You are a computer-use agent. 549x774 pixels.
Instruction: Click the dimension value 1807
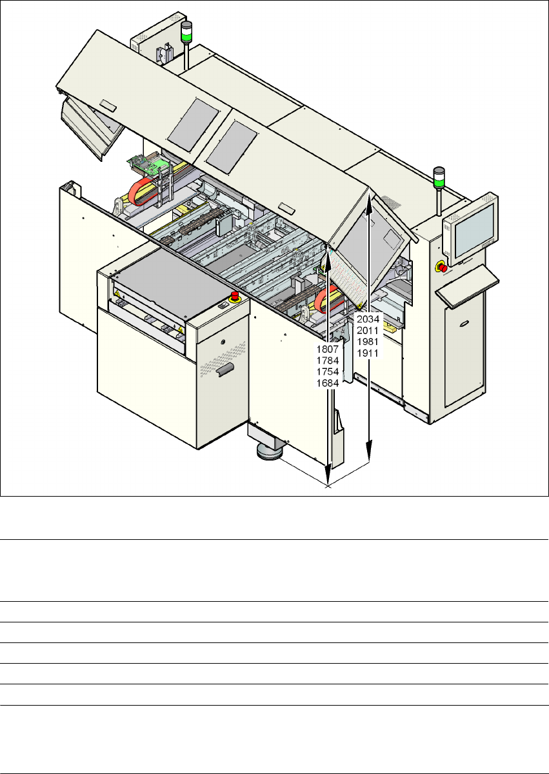pyautogui.click(x=327, y=349)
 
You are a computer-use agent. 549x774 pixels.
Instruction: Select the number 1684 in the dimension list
pyautogui.click(x=327, y=383)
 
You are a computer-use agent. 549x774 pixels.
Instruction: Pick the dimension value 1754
pyautogui.click(x=327, y=372)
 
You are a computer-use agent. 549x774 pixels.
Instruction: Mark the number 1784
pyautogui.click(x=327, y=361)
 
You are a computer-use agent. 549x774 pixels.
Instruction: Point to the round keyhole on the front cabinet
pyautogui.click(x=223, y=342)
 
